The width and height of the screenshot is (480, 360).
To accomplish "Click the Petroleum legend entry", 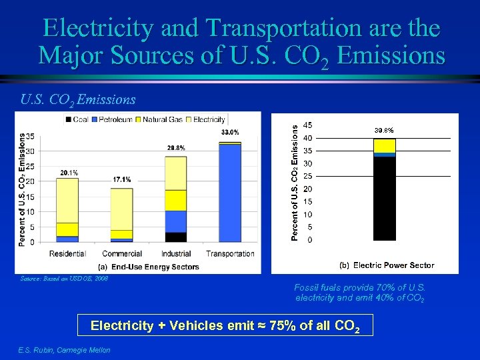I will point(115,119).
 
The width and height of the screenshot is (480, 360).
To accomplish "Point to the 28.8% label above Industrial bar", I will point(175,147).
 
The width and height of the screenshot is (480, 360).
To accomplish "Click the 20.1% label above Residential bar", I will point(69,173).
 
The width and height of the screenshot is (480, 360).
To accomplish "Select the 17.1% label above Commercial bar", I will point(122,179).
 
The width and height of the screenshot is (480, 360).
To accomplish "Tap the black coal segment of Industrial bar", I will point(175,237).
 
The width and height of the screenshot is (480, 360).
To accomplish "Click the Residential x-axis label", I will point(69,254).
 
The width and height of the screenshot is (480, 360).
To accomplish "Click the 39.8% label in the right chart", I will point(383,130).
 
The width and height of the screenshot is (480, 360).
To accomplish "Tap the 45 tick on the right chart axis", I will point(307,125).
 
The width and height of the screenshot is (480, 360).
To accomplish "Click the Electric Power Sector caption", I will point(387,265).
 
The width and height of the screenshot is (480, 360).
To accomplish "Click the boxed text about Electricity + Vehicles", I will point(225,326).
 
